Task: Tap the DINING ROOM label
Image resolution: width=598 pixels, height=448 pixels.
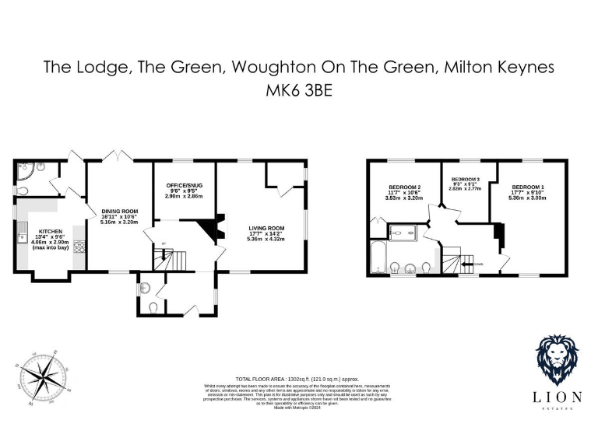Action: [119, 211]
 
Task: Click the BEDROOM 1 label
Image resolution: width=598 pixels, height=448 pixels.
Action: [527, 187]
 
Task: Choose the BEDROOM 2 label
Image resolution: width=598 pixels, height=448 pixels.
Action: [404, 187]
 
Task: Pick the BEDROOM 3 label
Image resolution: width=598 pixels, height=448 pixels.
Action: [465, 179]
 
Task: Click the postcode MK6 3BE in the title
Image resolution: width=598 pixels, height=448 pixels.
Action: [298, 89]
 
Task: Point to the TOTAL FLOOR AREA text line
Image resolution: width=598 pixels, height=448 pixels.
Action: [298, 379]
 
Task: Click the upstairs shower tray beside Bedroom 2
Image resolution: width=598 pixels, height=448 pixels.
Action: [403, 231]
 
